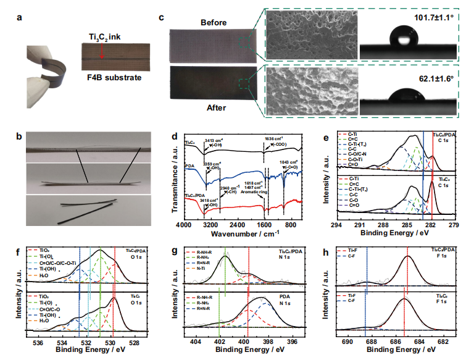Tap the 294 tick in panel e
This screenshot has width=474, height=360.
click(x=336, y=225)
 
